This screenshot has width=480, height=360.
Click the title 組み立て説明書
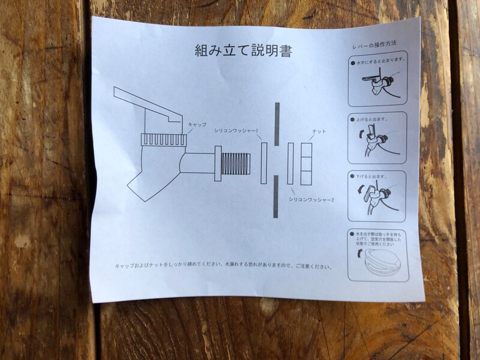[x=244, y=51]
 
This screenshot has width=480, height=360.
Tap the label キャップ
[x=197, y=124]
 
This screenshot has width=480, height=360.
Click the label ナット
[x=319, y=131]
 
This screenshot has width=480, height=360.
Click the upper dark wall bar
[x=277, y=123]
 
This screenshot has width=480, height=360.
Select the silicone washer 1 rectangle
[x=263, y=163]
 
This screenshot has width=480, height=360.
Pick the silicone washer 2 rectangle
[x=291, y=163]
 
